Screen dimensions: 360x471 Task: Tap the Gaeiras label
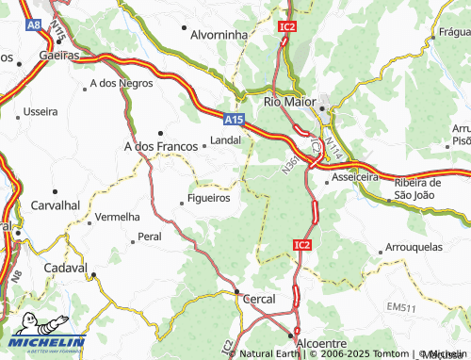(58, 56)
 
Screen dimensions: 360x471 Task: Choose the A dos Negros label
(122, 84)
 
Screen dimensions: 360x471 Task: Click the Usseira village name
(39, 111)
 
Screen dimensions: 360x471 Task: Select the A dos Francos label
(155, 146)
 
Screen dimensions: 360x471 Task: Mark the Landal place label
(225, 140)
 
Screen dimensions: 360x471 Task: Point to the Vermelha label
(118, 217)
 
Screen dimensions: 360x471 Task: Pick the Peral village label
(149, 237)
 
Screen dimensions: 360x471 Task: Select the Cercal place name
(259, 299)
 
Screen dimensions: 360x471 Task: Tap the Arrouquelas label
(414, 248)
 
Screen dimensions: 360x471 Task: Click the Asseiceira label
(360, 176)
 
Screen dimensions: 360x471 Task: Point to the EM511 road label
(399, 308)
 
